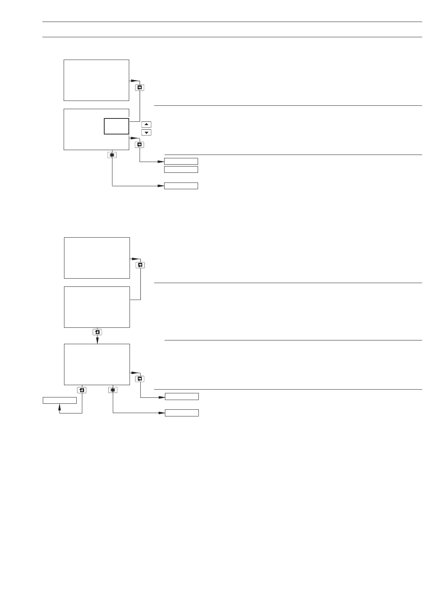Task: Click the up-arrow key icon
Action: [x=146, y=124]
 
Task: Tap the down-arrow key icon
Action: [x=146, y=133]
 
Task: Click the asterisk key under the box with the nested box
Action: [x=112, y=155]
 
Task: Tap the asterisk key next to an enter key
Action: [x=113, y=390]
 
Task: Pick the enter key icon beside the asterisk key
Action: [x=82, y=390]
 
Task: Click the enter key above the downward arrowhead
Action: [x=97, y=332]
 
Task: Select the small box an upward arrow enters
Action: [x=60, y=400]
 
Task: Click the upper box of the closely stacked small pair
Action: [x=181, y=161]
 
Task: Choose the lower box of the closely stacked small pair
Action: [x=181, y=169]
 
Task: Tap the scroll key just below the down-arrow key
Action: [x=140, y=145]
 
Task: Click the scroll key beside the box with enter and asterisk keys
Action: [x=140, y=379]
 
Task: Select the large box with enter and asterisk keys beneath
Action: [x=97, y=364]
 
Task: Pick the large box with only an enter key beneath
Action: [x=97, y=307]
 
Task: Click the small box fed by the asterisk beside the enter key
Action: [x=182, y=413]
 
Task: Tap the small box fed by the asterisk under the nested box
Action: [x=181, y=186]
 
